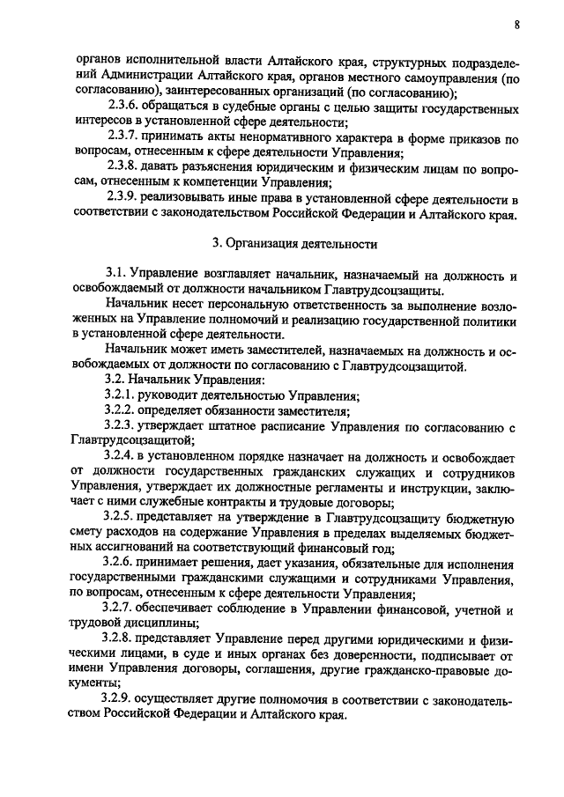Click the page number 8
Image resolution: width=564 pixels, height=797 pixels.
click(516, 26)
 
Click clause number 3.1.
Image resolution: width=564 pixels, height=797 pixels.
click(116, 276)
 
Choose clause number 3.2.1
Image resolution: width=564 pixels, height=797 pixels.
click(122, 396)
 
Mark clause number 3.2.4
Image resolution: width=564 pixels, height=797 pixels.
click(122, 457)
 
